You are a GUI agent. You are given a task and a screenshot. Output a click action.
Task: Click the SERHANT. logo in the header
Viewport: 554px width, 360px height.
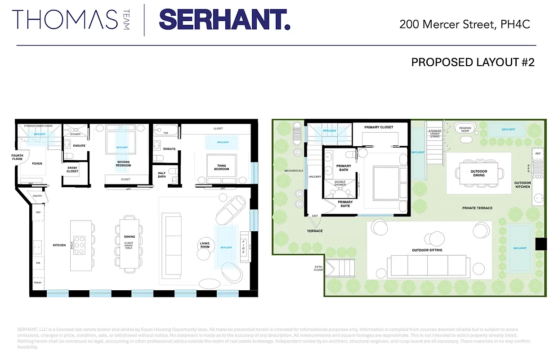tap(224, 20)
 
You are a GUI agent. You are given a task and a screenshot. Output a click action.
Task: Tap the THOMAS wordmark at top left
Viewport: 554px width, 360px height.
tap(66, 20)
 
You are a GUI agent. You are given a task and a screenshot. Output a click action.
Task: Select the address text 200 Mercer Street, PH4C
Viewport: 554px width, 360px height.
tap(465, 24)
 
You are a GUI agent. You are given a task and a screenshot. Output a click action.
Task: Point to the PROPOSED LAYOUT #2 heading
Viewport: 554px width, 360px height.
tap(473, 62)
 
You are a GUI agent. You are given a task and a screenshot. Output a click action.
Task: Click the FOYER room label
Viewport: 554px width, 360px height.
tap(37, 163)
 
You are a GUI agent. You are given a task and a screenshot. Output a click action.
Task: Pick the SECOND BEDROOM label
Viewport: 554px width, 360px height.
tap(123, 164)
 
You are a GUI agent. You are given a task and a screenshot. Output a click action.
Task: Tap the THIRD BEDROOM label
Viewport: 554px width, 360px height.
tap(221, 167)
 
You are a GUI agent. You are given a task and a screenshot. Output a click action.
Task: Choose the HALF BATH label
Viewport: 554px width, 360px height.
tap(162, 175)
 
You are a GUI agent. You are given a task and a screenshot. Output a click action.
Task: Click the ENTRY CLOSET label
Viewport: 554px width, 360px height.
tap(72, 170)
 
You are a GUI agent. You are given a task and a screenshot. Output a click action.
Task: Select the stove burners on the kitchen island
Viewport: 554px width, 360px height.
tap(81, 245)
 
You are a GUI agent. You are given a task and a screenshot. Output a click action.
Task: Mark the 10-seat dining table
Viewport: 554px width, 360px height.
tap(130, 245)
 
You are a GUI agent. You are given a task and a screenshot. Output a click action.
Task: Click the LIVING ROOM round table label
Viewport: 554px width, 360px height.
tap(205, 245)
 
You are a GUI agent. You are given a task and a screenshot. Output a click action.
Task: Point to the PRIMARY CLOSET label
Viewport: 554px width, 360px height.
tap(379, 127)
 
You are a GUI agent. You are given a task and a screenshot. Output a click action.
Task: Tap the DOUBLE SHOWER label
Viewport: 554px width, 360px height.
tap(340, 184)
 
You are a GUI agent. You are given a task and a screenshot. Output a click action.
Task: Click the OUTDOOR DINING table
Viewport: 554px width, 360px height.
tap(478, 173)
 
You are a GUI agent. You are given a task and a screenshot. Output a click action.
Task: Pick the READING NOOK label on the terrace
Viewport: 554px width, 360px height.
tap(465, 130)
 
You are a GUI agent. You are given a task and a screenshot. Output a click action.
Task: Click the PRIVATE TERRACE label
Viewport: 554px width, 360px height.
tap(477, 208)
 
